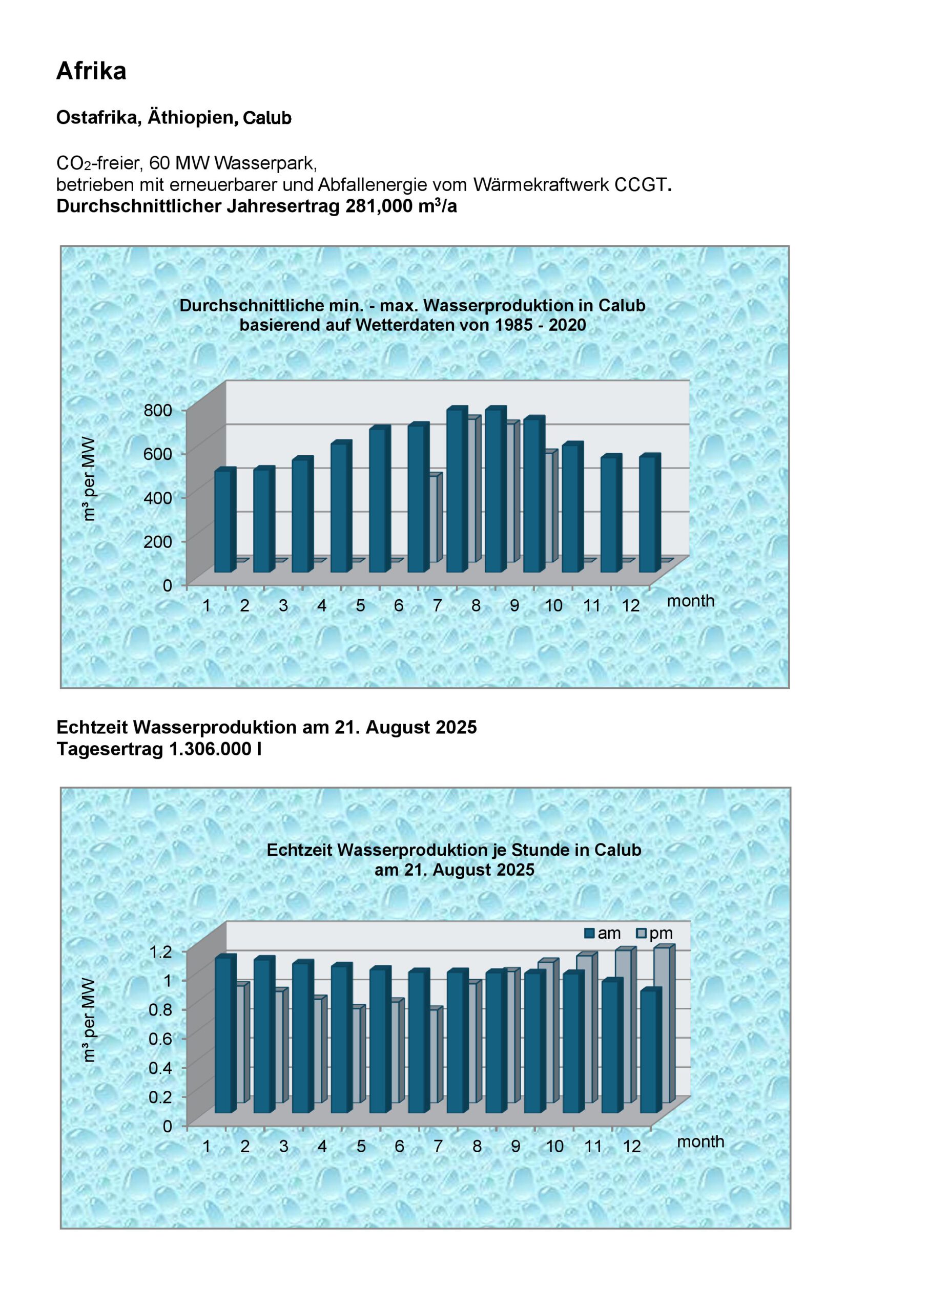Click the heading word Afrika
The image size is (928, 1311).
click(91, 71)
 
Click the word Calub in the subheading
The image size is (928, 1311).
click(267, 118)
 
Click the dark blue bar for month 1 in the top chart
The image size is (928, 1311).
click(224, 521)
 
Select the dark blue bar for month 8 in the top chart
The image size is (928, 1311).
click(495, 491)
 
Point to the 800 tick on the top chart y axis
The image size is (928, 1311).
click(158, 410)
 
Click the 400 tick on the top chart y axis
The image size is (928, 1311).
click(158, 498)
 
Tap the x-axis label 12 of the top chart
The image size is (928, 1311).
click(630, 606)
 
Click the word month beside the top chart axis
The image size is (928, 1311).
click(690, 601)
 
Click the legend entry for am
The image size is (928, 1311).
click(604, 933)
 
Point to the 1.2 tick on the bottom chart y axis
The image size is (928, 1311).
click(160, 952)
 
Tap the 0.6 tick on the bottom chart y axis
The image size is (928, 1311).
click(160, 1039)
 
